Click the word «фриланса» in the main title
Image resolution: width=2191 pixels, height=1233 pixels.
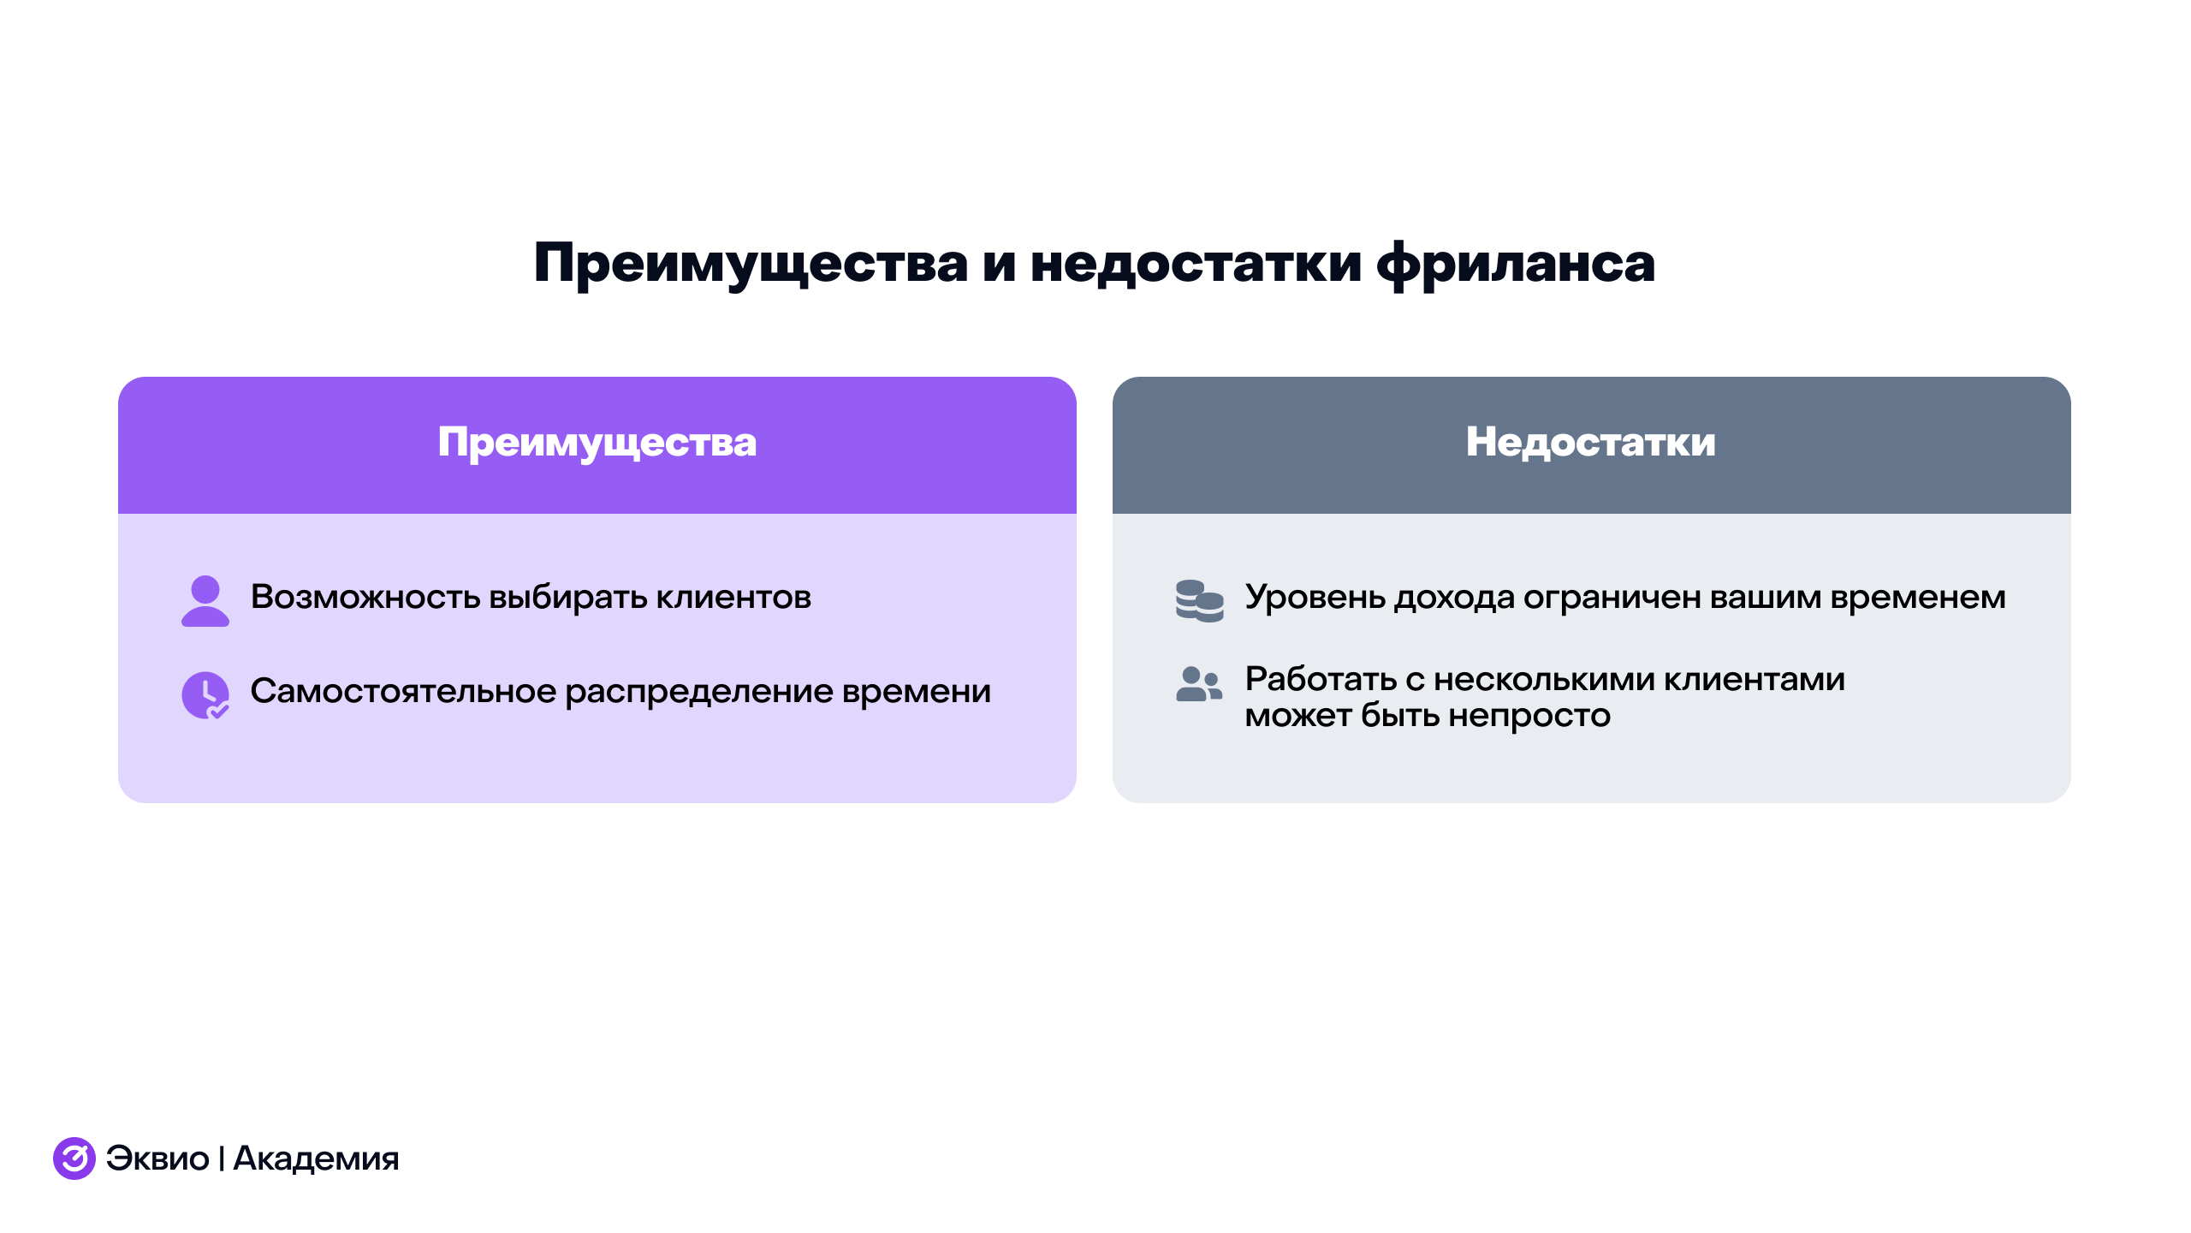pyautogui.click(x=1516, y=264)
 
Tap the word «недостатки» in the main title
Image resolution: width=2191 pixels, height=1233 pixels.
pyautogui.click(x=1196, y=264)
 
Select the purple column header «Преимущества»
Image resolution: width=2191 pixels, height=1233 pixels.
pyautogui.click(x=597, y=443)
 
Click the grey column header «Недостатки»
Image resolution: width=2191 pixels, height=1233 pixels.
pyautogui.click(x=1590, y=443)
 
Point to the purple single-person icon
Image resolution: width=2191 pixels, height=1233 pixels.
pyautogui.click(x=205, y=600)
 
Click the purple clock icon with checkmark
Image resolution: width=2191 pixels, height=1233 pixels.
pyautogui.click(x=205, y=694)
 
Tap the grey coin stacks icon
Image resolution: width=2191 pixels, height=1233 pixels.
pyautogui.click(x=1199, y=600)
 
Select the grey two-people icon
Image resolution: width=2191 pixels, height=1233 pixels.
pyautogui.click(x=1199, y=684)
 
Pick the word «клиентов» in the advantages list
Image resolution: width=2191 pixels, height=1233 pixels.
pyautogui.click(x=733, y=598)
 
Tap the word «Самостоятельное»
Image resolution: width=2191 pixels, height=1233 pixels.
pyautogui.click(x=403, y=691)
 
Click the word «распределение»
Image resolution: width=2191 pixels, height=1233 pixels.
pyautogui.click(x=698, y=691)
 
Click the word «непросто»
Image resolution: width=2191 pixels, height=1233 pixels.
pyautogui.click(x=1529, y=716)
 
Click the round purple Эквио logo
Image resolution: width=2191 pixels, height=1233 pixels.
pyautogui.click(x=74, y=1158)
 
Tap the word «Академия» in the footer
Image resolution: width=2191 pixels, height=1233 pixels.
pyautogui.click(x=316, y=1159)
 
